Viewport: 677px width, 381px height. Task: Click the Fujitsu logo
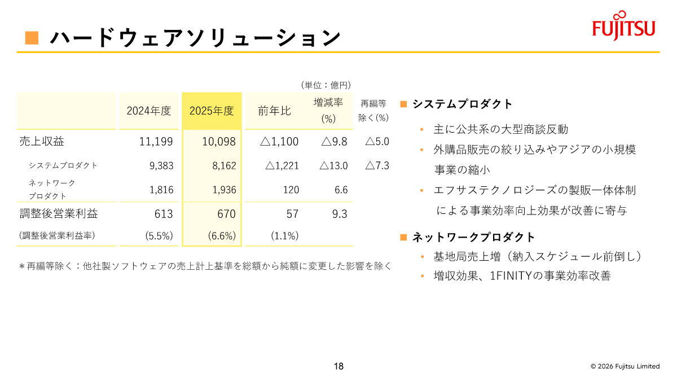623,26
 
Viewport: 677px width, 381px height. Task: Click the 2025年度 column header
212,111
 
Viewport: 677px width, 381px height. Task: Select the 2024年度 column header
148,111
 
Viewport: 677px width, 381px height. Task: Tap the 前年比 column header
274,111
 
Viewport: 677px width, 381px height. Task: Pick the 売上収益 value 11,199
156,142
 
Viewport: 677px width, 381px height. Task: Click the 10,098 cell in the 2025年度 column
219,142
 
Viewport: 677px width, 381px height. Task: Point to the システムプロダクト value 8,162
223,166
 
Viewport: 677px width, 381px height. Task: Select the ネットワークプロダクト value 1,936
223,190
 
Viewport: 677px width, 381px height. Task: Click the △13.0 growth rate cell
333,166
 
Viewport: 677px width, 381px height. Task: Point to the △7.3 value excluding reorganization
377,166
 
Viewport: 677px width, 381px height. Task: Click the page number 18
338,366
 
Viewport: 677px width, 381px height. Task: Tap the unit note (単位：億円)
326,85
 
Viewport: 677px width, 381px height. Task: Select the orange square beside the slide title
32,38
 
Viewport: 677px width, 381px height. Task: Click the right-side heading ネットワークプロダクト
474,237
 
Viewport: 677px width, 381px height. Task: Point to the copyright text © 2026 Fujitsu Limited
625,366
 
